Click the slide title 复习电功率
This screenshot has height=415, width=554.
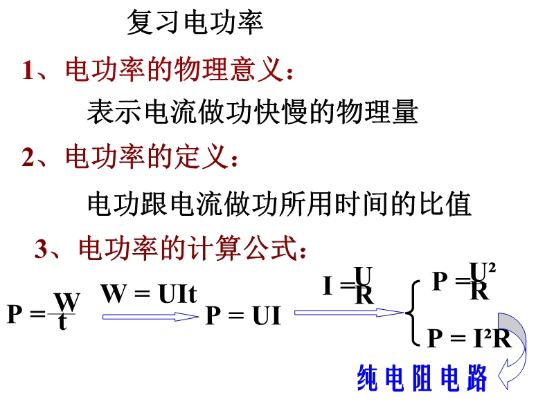pyautogui.click(x=195, y=24)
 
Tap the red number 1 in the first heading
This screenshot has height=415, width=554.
pyautogui.click(x=28, y=71)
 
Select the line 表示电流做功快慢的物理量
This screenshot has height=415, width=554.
pyautogui.click(x=252, y=111)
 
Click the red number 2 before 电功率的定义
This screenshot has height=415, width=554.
pyautogui.click(x=28, y=158)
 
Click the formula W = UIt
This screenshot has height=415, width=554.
pyautogui.click(x=149, y=295)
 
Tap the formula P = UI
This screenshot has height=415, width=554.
pyautogui.click(x=243, y=316)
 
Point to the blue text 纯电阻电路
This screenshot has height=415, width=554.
pyautogui.click(x=422, y=379)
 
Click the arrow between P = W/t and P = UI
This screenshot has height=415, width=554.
pyautogui.click(x=150, y=316)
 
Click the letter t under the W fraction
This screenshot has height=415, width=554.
pyautogui.click(x=63, y=323)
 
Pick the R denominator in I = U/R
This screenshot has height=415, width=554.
pyautogui.click(x=364, y=296)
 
